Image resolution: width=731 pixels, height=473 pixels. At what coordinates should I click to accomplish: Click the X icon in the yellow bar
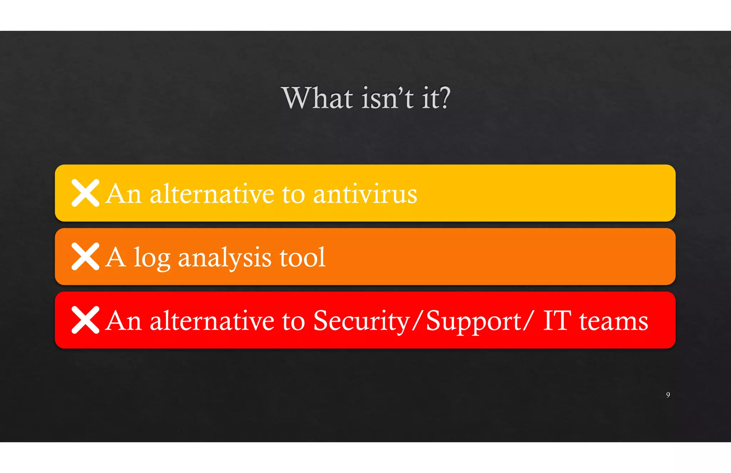click(85, 193)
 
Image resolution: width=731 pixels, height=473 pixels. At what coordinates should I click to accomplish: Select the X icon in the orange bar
click(85, 256)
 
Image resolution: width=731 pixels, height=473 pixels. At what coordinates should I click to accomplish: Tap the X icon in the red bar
click(85, 320)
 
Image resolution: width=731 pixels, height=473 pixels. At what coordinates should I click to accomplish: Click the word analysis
click(225, 258)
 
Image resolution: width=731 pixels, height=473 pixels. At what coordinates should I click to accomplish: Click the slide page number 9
click(668, 395)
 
